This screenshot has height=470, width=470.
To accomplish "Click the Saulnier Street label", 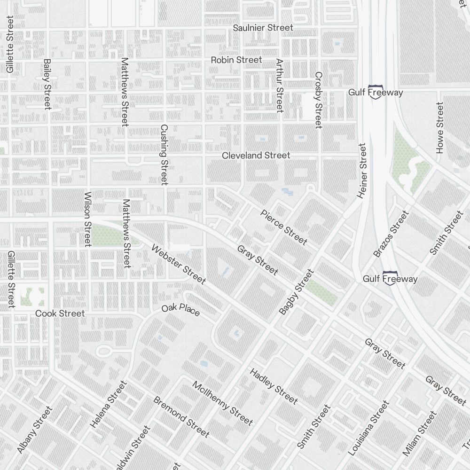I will [x=263, y=28].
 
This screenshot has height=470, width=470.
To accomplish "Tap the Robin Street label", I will [x=236, y=60].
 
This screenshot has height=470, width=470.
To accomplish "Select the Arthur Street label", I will [x=280, y=86].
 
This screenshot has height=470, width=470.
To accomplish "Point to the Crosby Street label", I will [x=319, y=100].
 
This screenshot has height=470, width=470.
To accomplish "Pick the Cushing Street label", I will [x=164, y=155].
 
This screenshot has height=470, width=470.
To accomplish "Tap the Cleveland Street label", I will [x=256, y=156].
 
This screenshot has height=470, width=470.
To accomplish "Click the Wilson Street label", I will [x=87, y=219].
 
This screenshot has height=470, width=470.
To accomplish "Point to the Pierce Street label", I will [x=283, y=227].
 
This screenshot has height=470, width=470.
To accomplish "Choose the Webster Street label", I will [x=178, y=265].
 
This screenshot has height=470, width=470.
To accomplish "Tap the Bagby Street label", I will [x=296, y=292].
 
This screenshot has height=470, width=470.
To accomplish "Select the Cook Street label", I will [x=60, y=313].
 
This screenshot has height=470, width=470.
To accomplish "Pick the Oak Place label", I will [x=180, y=310].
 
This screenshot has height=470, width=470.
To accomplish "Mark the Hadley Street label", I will [x=274, y=386].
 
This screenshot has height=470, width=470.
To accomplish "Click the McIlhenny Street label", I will [x=222, y=403].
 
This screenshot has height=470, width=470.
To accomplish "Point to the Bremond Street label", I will [x=181, y=416].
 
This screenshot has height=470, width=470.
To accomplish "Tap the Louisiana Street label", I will [x=368, y=428].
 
